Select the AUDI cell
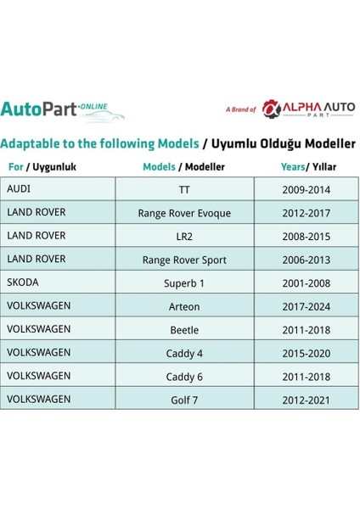click(58, 188)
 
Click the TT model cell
click(184, 189)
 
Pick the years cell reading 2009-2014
click(307, 189)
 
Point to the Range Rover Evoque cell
click(184, 213)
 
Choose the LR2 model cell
click(184, 236)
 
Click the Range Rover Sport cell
click(184, 260)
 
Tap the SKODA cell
click(58, 282)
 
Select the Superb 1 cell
click(184, 282)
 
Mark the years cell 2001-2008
click(307, 282)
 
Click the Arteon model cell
click(184, 305)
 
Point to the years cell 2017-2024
click(307, 305)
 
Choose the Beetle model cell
click(184, 328)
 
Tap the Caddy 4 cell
click(184, 352)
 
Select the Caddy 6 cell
click(184, 375)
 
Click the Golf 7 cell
click(184, 398)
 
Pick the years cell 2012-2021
click(307, 398)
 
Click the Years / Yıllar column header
click(307, 166)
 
